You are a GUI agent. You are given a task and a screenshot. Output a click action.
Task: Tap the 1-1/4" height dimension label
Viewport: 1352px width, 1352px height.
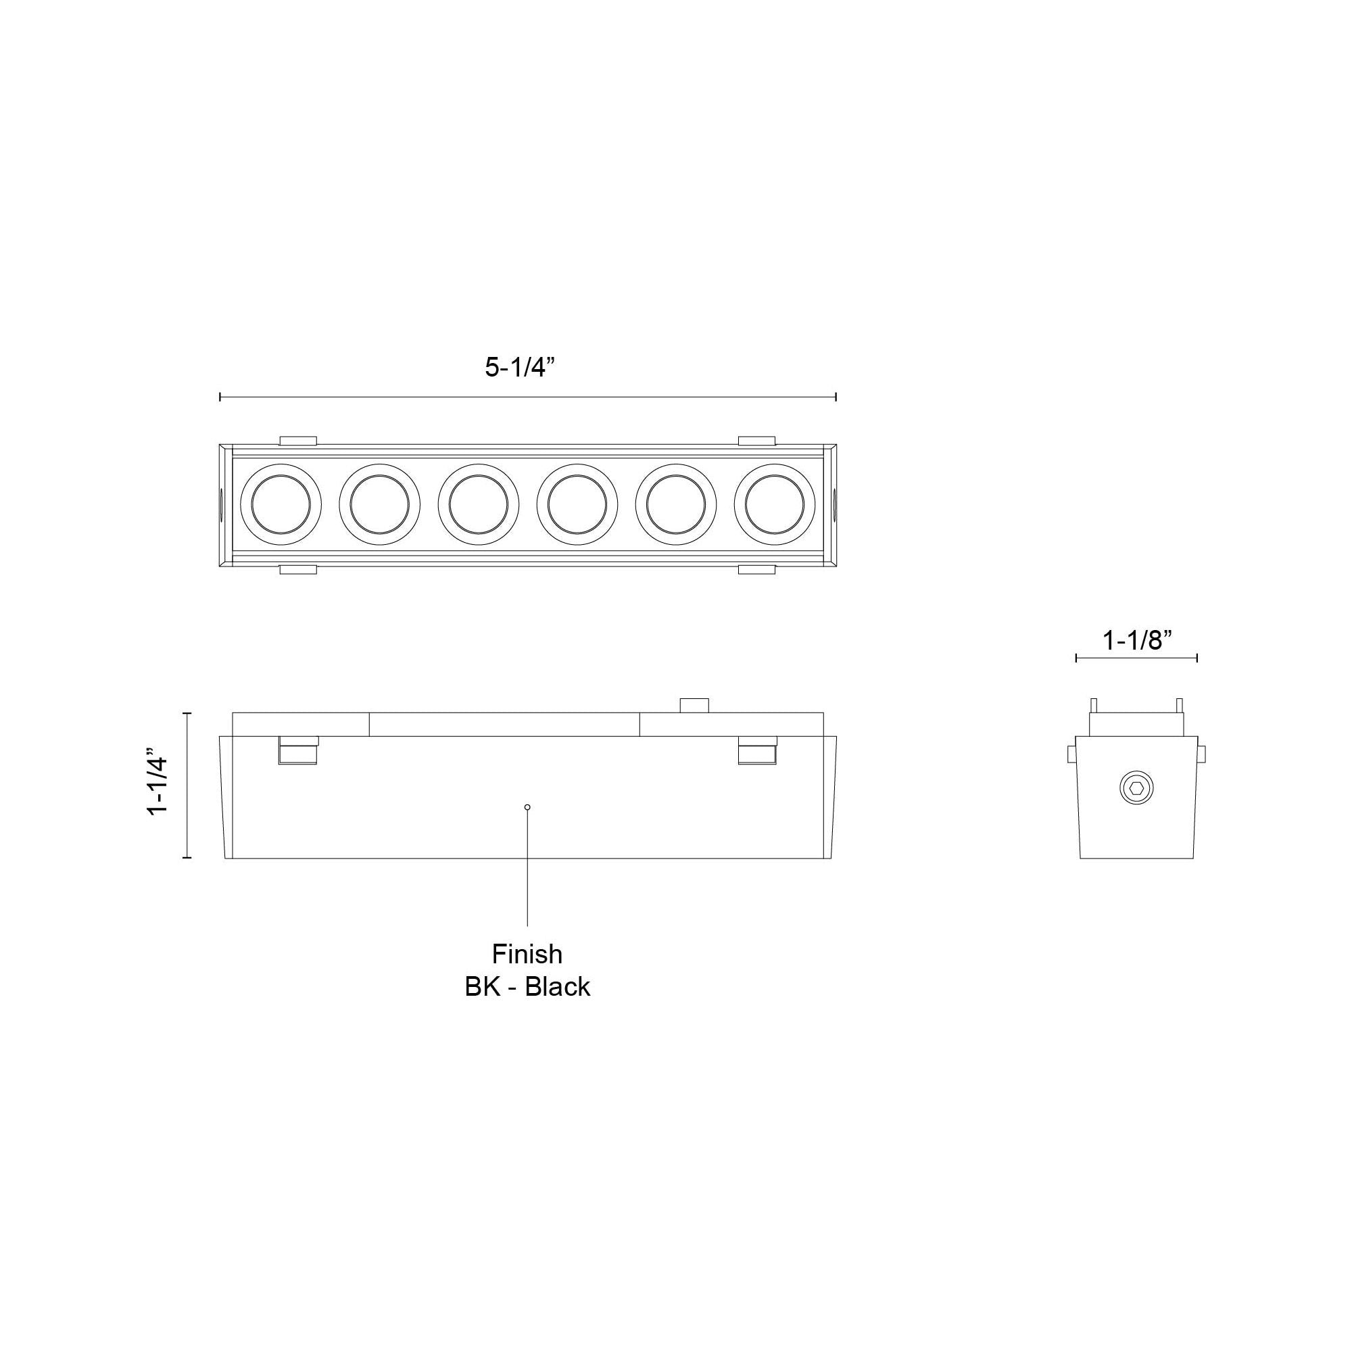(158, 784)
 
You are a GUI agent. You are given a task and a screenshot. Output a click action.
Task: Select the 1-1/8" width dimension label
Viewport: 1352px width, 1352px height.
(1136, 639)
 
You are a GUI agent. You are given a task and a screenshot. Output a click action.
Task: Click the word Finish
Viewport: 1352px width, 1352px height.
(527, 954)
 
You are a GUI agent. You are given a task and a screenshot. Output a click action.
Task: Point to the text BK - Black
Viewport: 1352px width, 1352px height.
(527, 987)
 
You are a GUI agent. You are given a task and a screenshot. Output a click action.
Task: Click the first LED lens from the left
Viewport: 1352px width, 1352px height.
(281, 504)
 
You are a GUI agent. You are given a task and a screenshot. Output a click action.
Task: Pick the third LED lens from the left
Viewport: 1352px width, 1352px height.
(479, 504)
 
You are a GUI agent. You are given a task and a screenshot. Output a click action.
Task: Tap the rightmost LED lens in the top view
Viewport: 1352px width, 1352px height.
(775, 504)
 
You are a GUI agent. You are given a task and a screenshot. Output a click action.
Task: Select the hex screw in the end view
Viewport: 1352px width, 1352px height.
(1136, 789)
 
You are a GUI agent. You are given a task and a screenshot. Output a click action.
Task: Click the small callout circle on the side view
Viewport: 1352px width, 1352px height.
(527, 807)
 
